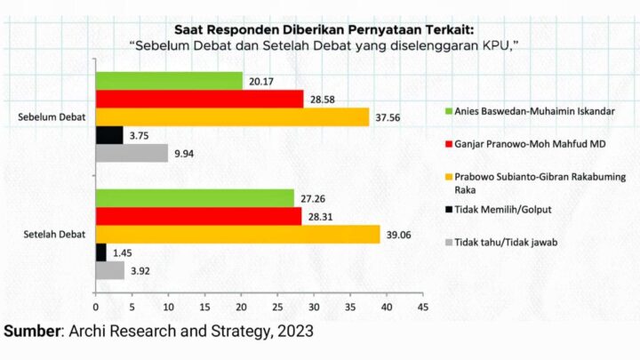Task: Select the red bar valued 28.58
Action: point(199,98)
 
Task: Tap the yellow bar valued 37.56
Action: point(232,116)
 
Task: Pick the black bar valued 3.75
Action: point(109,135)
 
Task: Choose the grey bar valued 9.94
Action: point(132,153)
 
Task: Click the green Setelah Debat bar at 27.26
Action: point(195,197)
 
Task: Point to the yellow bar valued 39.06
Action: point(237,234)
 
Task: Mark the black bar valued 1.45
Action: point(100,252)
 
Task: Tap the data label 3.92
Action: point(140,270)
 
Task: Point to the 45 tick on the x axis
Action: point(423,308)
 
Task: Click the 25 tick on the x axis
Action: point(277,308)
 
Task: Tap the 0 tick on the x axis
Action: point(95,308)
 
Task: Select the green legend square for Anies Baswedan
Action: point(449,112)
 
